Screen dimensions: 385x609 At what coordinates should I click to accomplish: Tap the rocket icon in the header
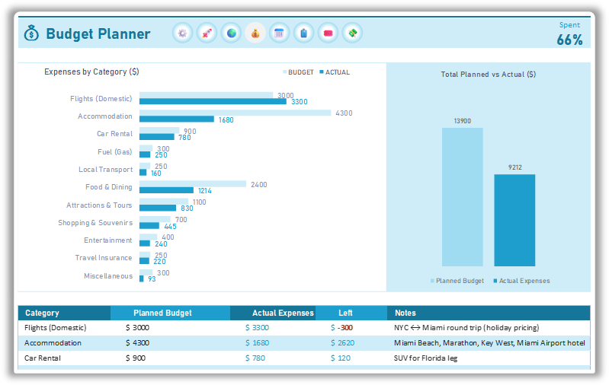[x=207, y=33]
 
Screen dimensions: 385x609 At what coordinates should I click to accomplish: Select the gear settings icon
[x=182, y=33]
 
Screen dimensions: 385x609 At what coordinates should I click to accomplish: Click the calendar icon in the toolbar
[x=279, y=33]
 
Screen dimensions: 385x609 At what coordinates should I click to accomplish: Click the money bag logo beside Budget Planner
[x=31, y=33]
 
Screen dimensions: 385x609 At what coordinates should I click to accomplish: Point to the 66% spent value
[x=569, y=40]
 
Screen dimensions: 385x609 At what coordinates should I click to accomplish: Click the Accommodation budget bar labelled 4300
[x=235, y=113]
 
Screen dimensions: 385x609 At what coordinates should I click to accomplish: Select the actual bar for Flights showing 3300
[x=213, y=101]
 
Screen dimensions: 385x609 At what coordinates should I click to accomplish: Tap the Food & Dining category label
[x=108, y=187]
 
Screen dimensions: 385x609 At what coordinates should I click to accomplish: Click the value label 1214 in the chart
[x=205, y=191]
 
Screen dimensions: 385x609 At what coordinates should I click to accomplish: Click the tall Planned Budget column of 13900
[x=462, y=196]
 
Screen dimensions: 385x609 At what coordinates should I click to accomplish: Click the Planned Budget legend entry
[x=457, y=281]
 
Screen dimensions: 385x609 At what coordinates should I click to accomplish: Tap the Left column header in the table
[x=345, y=313]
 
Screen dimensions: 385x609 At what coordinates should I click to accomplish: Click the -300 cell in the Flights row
[x=341, y=327]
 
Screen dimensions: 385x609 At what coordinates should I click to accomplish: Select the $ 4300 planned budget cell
[x=138, y=342]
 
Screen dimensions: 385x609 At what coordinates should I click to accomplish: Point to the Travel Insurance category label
[x=104, y=258]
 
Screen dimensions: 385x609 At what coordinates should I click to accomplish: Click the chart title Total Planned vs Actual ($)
[x=488, y=75]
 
